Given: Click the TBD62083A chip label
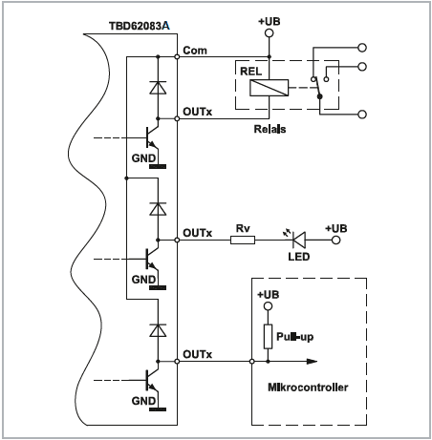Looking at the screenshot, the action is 140,26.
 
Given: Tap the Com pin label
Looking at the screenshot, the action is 195,51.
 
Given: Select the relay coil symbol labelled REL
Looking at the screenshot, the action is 270,88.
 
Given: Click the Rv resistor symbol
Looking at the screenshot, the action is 243,240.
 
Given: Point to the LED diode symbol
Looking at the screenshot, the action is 299,240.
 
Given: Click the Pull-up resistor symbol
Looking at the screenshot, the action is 268,337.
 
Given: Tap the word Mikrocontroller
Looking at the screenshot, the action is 308,388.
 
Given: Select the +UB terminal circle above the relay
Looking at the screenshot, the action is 270,32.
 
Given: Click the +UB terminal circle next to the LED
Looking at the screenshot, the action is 336,240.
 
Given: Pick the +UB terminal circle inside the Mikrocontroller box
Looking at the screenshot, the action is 269,306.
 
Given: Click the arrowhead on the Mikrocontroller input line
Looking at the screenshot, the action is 312,362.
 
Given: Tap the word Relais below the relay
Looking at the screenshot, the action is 270,129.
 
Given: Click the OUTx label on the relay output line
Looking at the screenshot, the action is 197,112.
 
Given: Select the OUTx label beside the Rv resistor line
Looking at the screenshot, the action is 197,233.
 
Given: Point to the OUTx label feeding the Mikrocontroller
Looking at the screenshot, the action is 197,354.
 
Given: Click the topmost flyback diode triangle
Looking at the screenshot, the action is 158,88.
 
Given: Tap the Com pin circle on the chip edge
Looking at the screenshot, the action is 177,56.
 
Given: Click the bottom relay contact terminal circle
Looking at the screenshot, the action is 362,115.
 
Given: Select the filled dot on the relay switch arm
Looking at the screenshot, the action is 320,96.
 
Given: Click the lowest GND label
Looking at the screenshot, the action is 143,401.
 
